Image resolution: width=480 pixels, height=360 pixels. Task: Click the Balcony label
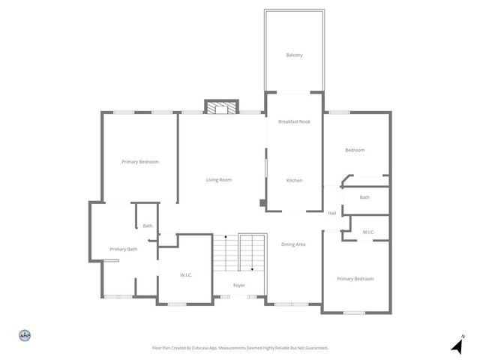(294, 55)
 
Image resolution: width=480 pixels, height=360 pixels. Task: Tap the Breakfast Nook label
(294, 121)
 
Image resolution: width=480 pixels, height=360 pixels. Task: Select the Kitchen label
(294, 180)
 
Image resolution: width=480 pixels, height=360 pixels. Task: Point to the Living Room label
(219, 180)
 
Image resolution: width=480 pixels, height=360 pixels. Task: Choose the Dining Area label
(293, 244)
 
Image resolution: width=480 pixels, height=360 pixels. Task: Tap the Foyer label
(238, 286)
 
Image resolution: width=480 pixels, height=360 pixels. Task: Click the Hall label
(332, 213)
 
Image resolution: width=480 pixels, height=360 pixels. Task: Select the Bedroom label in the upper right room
(355, 150)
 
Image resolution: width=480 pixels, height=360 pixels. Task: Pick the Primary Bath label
(123, 249)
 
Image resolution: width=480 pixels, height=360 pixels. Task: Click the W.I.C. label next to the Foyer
(186, 275)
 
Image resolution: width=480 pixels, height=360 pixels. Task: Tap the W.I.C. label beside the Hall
(368, 232)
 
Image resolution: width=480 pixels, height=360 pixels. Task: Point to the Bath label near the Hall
(364, 197)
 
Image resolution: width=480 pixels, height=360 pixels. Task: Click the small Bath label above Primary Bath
(148, 226)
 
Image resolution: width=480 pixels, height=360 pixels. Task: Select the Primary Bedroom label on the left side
(140, 162)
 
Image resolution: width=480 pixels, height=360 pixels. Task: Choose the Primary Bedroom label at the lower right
(355, 279)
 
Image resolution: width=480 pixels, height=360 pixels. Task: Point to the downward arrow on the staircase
(252, 267)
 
